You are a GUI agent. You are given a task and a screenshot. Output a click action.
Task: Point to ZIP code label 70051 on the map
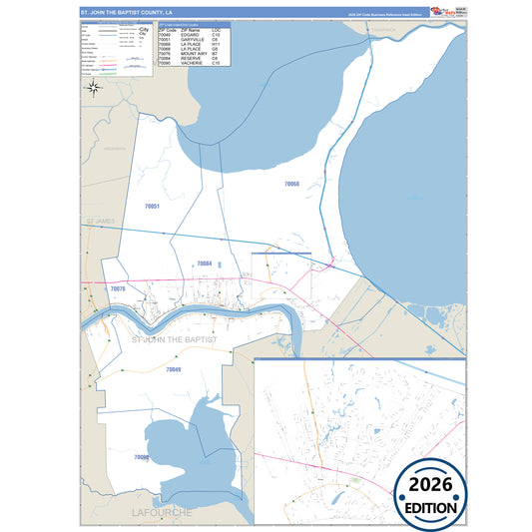[x=152, y=206]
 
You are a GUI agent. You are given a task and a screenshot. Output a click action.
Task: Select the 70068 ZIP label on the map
[x=291, y=184]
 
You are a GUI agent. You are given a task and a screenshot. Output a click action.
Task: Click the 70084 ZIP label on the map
[x=204, y=264]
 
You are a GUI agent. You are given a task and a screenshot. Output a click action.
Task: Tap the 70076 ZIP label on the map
[x=118, y=288]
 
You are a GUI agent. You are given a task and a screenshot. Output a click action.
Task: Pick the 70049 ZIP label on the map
[x=173, y=369]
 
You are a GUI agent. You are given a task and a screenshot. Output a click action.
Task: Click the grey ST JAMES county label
[x=101, y=219]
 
